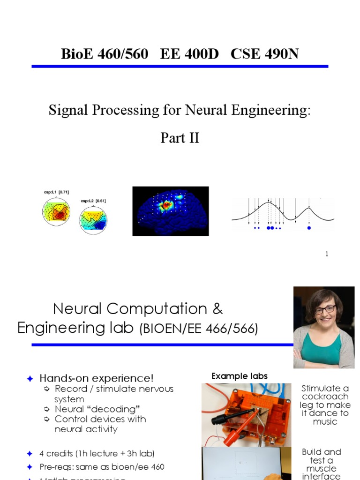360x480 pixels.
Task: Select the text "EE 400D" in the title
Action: (189, 54)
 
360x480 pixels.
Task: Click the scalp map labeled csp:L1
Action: (56, 211)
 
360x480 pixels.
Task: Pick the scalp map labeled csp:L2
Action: (93, 219)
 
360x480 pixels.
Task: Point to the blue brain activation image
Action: (170, 211)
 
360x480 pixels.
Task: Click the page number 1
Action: (327, 254)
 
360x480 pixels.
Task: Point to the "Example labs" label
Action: (240, 376)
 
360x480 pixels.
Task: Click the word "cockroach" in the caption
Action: (325, 397)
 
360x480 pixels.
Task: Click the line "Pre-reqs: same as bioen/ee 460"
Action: (102, 467)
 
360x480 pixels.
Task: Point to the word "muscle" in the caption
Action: (321, 469)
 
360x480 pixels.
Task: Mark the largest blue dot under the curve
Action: (270, 228)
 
